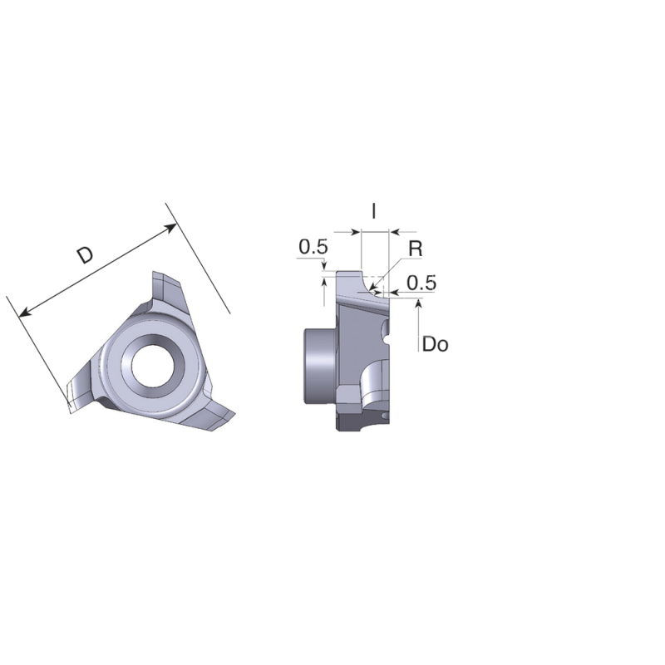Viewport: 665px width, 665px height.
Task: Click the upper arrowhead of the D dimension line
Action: click(172, 226)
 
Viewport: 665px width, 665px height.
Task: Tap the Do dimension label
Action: click(435, 343)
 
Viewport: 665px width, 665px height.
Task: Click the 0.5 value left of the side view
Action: click(313, 247)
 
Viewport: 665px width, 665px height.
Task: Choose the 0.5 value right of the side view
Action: click(421, 283)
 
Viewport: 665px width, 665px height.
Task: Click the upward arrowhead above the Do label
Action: click(418, 304)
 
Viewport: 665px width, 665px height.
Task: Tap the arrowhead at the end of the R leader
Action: click(375, 290)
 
